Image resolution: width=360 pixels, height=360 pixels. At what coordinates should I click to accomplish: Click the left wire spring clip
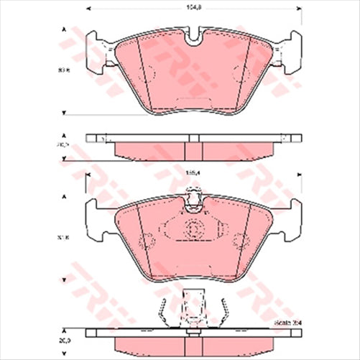(x=162, y=310)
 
